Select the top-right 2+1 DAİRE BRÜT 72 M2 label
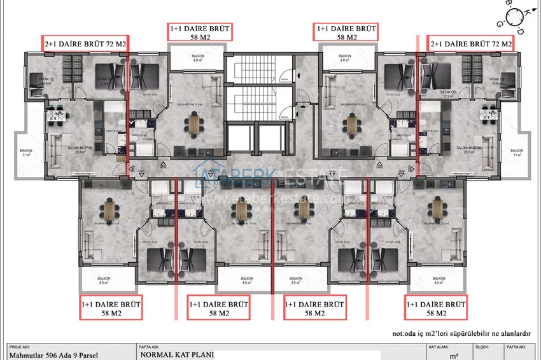[471, 44]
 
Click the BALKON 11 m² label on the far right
[516, 153]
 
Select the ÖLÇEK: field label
[482, 347]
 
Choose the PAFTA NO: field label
[517, 347]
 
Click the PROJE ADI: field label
[20, 347]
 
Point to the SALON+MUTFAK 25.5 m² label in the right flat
[471, 149]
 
